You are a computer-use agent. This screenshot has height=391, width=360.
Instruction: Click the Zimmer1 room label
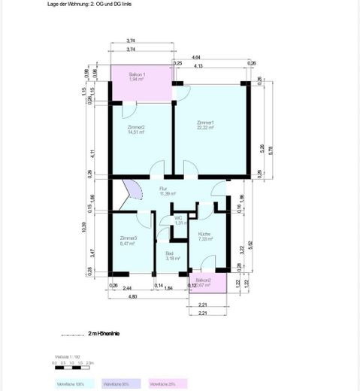point(205,125)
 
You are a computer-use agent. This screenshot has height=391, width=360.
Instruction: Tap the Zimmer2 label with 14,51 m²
point(136,129)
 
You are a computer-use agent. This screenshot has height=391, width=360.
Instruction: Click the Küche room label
point(204,236)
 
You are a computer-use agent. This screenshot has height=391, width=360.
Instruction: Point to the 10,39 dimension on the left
point(83,227)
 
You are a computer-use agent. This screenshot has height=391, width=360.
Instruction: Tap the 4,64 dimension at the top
point(196,57)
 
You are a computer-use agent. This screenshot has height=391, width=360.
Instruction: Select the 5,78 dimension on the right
point(271,150)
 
